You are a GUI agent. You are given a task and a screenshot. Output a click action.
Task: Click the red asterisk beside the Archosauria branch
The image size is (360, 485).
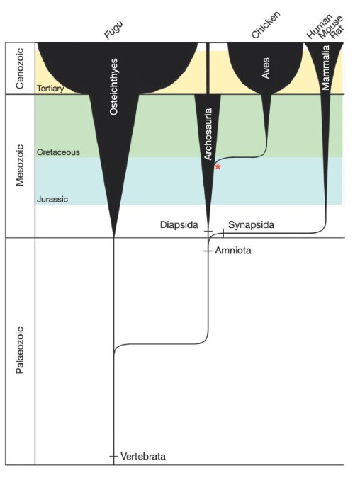[218, 167]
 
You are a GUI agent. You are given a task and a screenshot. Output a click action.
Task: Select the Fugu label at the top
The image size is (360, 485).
[113, 29]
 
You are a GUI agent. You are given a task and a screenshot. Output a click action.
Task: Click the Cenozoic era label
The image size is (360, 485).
[20, 68]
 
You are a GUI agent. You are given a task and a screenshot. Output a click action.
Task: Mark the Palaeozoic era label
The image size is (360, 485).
[20, 350]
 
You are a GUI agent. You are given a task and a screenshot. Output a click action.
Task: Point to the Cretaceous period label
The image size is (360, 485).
[58, 152]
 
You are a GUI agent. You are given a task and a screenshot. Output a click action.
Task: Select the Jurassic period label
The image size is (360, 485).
[52, 199]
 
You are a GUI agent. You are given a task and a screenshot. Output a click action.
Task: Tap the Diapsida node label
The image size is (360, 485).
[179, 225]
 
